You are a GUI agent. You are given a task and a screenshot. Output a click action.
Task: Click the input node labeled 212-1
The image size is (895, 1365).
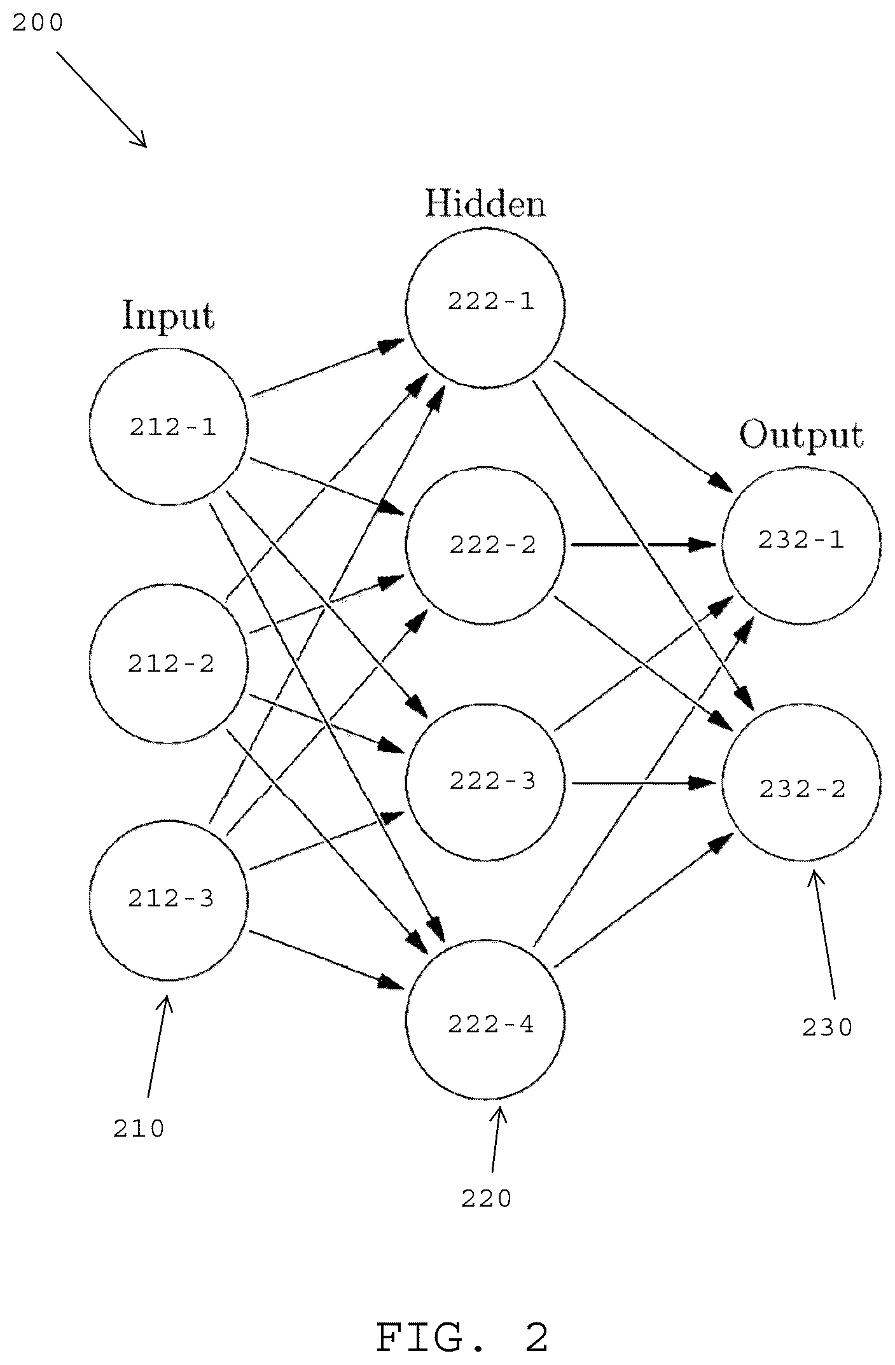coord(169,427)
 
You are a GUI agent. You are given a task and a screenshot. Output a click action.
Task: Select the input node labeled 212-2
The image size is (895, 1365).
coord(169,663)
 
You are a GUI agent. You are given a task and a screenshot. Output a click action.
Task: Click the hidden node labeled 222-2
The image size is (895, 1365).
coord(486,546)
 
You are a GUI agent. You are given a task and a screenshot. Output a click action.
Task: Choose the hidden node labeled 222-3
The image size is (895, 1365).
coord(486,782)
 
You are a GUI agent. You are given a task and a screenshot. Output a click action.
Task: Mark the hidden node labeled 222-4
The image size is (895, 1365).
coord(486,1020)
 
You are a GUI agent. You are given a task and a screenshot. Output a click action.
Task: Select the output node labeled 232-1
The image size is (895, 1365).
coord(801,545)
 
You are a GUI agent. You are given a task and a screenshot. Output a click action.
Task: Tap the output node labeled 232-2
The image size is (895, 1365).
coord(801,782)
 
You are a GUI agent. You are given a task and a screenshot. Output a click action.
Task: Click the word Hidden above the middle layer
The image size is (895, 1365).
coord(485,204)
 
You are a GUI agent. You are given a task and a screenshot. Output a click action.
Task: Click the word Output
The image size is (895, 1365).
coord(801,437)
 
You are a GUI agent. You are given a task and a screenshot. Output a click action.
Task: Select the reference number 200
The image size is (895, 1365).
coord(38,23)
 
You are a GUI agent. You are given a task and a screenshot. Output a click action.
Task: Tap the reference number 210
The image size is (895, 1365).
coord(139,1129)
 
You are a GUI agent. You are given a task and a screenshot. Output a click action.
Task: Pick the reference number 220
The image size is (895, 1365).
coord(487,1199)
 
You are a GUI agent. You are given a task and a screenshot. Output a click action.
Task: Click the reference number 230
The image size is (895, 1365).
coord(827,1027)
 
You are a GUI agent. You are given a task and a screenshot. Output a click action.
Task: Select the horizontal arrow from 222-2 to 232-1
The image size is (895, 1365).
coord(644,544)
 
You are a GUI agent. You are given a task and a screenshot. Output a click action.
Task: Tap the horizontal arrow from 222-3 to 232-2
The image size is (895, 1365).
coord(644,784)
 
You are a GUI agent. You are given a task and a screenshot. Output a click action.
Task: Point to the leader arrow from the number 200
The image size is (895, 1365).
coord(102,99)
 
